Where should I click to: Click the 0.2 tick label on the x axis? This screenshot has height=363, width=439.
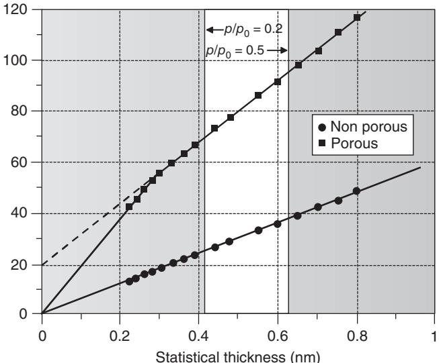[x=120, y=329]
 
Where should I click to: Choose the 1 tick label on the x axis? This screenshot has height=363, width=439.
[x=434, y=329]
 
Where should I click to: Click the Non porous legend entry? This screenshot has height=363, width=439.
[x=368, y=128]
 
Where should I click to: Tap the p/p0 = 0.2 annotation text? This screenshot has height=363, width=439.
[x=244, y=30]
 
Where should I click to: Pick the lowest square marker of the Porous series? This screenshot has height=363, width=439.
[x=129, y=207]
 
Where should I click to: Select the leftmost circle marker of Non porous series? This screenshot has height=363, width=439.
[x=129, y=281]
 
